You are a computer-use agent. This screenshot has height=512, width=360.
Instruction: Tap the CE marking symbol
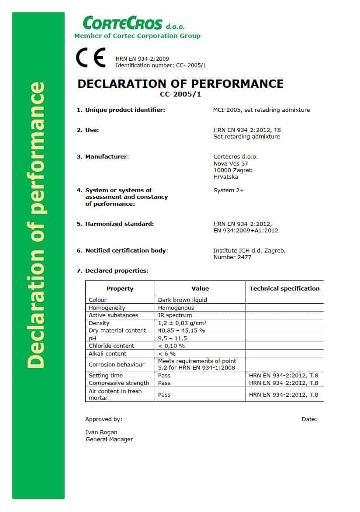tap(91, 59)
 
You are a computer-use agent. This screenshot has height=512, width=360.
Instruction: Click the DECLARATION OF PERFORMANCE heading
tap(180, 84)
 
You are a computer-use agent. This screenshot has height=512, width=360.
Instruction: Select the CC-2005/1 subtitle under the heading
tap(180, 93)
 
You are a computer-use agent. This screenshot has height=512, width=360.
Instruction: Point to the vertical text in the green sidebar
tap(36, 225)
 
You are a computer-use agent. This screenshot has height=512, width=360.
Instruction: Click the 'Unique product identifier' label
tap(125, 110)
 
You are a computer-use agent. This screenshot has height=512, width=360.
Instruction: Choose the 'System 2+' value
tap(229, 190)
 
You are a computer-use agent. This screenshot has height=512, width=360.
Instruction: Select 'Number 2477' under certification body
tap(232, 257)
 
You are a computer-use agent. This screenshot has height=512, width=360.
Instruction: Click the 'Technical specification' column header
tap(284, 289)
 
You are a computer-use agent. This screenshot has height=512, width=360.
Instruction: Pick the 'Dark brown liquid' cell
tap(183, 300)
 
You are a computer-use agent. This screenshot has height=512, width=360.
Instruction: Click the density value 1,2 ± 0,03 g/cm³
tap(182, 323)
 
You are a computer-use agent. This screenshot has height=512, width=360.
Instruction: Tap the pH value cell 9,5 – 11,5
tap(173, 338)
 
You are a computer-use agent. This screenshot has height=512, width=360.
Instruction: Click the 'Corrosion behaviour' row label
tap(114, 364)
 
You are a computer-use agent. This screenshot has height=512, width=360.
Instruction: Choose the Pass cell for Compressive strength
tap(164, 383)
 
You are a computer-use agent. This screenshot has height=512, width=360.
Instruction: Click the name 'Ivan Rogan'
tap(101, 432)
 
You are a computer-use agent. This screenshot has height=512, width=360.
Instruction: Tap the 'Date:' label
tap(309, 419)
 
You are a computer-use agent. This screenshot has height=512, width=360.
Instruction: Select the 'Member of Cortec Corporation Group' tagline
tap(137, 36)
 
